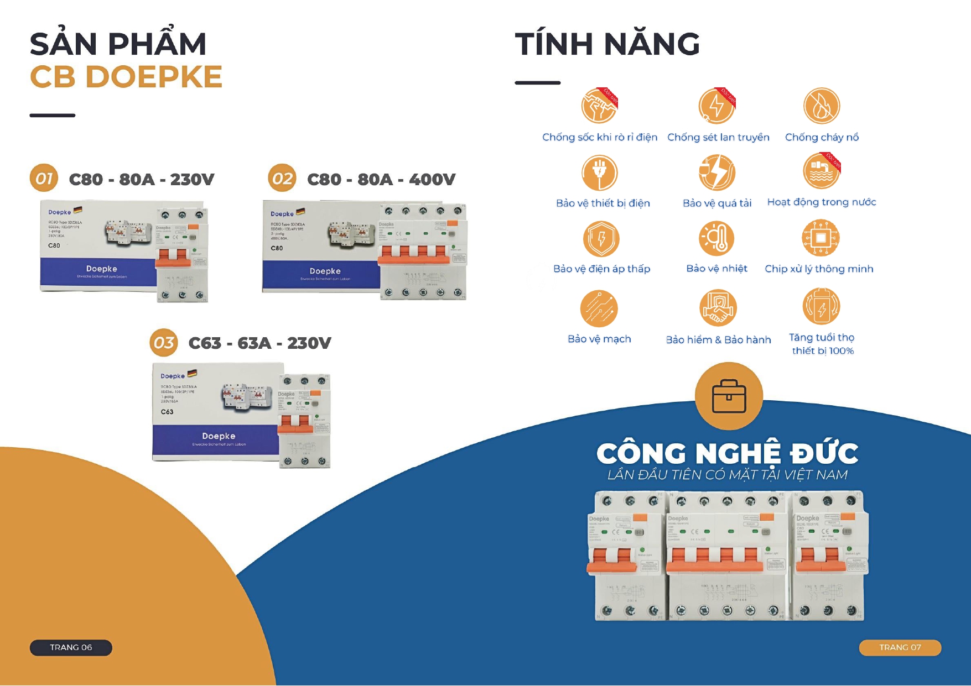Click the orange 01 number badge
44,179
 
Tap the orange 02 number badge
282,179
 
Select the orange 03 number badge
164,343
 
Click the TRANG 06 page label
71,647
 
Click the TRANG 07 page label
900,647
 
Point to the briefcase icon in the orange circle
729,396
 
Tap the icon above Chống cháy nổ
822,106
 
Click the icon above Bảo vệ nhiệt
716,238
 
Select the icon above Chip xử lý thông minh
821,238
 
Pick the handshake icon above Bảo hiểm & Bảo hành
718,308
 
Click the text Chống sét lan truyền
718,137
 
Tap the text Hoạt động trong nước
822,202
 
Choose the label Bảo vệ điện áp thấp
602,269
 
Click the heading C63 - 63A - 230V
259,343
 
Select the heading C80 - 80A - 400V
381,179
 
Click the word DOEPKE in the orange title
154,77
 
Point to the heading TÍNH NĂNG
607,44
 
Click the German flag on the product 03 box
192,374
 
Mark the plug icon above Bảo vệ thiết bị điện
600,172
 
